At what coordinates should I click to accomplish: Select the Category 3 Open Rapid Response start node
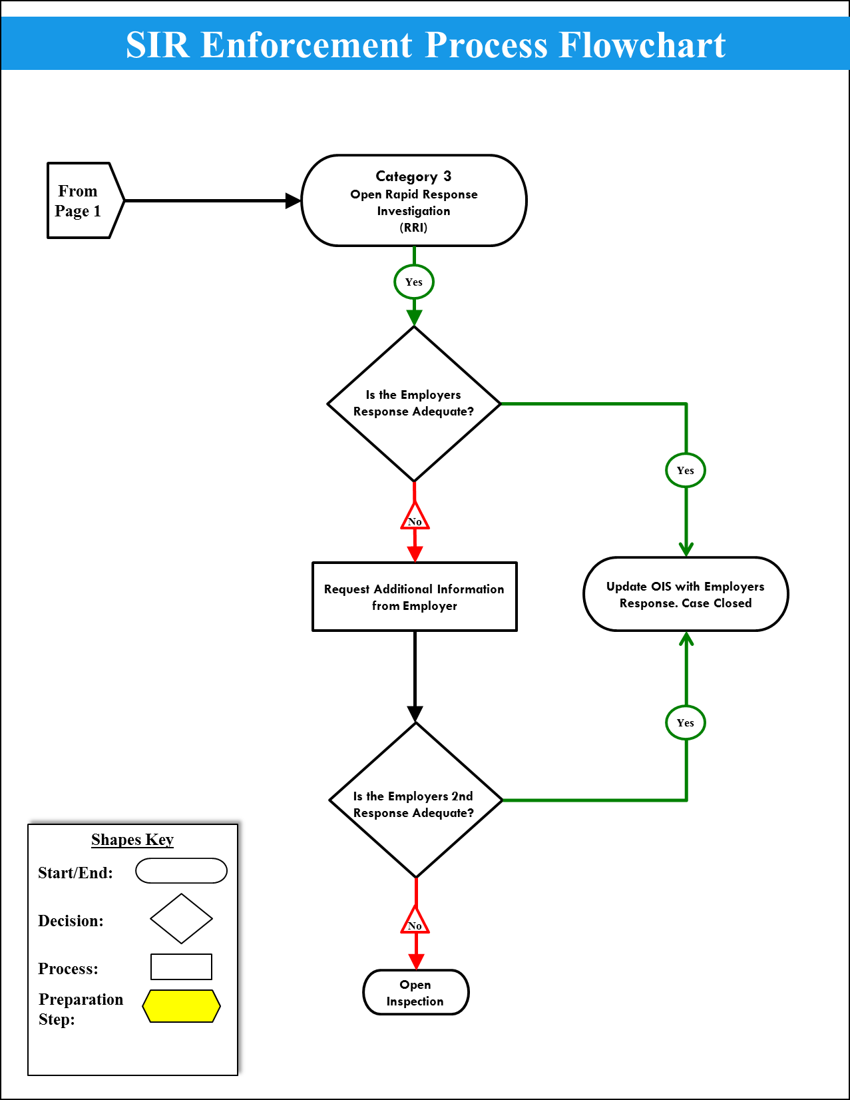tap(413, 200)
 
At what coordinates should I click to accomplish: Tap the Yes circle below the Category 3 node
tap(413, 282)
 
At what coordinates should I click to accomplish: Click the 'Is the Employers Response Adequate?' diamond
tap(413, 404)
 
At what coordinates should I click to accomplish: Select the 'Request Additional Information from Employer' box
tap(414, 597)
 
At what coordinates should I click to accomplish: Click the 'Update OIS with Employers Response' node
tap(685, 594)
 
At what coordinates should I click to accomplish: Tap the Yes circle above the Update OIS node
tap(685, 470)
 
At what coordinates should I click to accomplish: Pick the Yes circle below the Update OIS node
tap(685, 722)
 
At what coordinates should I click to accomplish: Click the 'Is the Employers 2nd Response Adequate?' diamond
tap(415, 801)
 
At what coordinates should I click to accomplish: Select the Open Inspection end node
tap(415, 992)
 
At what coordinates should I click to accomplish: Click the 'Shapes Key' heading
tap(132, 840)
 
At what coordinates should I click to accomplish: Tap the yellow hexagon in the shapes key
tap(181, 1005)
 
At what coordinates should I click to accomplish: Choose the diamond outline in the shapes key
tap(181, 919)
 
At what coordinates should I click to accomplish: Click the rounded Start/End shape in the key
tap(181, 870)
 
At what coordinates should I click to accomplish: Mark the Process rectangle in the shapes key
tap(181, 967)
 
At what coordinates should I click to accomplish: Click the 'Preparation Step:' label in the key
tap(81, 1009)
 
